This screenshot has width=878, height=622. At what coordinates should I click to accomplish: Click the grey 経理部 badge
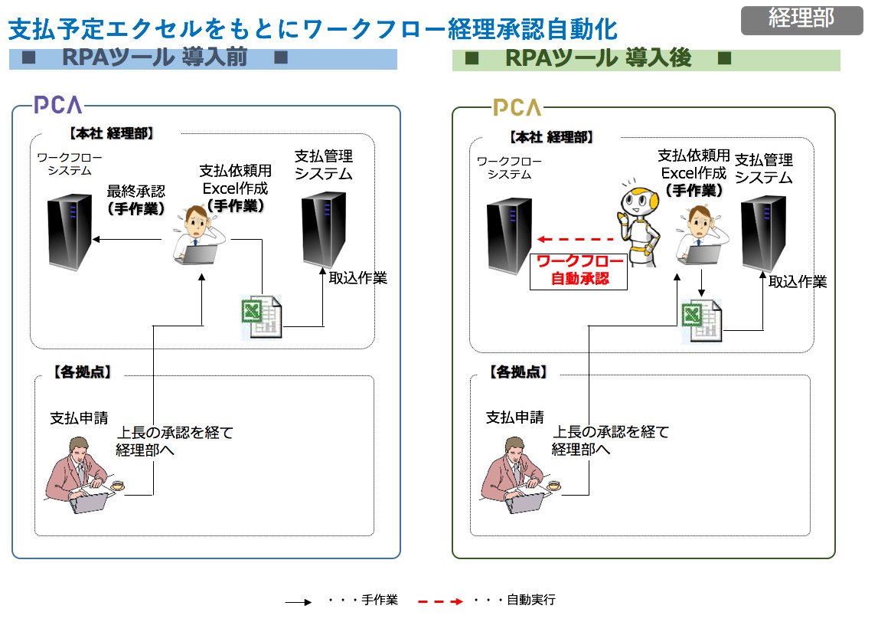tap(801, 20)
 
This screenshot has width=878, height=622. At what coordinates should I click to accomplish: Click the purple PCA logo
tap(57, 105)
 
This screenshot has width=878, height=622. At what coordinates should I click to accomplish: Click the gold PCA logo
tap(517, 107)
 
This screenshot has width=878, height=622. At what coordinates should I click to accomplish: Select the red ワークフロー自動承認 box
tap(579, 271)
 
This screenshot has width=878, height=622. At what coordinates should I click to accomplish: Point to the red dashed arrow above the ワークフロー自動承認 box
tap(576, 239)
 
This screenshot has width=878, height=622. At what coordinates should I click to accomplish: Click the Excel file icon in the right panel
tap(702, 321)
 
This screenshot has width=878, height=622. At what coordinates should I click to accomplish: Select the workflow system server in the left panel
tap(70, 232)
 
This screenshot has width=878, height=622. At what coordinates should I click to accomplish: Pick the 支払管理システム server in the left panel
tap(324, 230)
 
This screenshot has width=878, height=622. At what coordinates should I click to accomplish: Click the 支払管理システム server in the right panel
tap(764, 234)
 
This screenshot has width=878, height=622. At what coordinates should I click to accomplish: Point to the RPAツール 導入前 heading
tap(155, 57)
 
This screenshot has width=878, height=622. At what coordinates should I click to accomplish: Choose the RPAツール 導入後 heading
tap(598, 58)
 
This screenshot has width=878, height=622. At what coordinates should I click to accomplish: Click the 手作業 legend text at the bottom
tap(380, 600)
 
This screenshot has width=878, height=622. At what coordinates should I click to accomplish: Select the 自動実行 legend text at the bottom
tap(530, 600)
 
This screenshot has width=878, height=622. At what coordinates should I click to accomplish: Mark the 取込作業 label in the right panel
tap(798, 282)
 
